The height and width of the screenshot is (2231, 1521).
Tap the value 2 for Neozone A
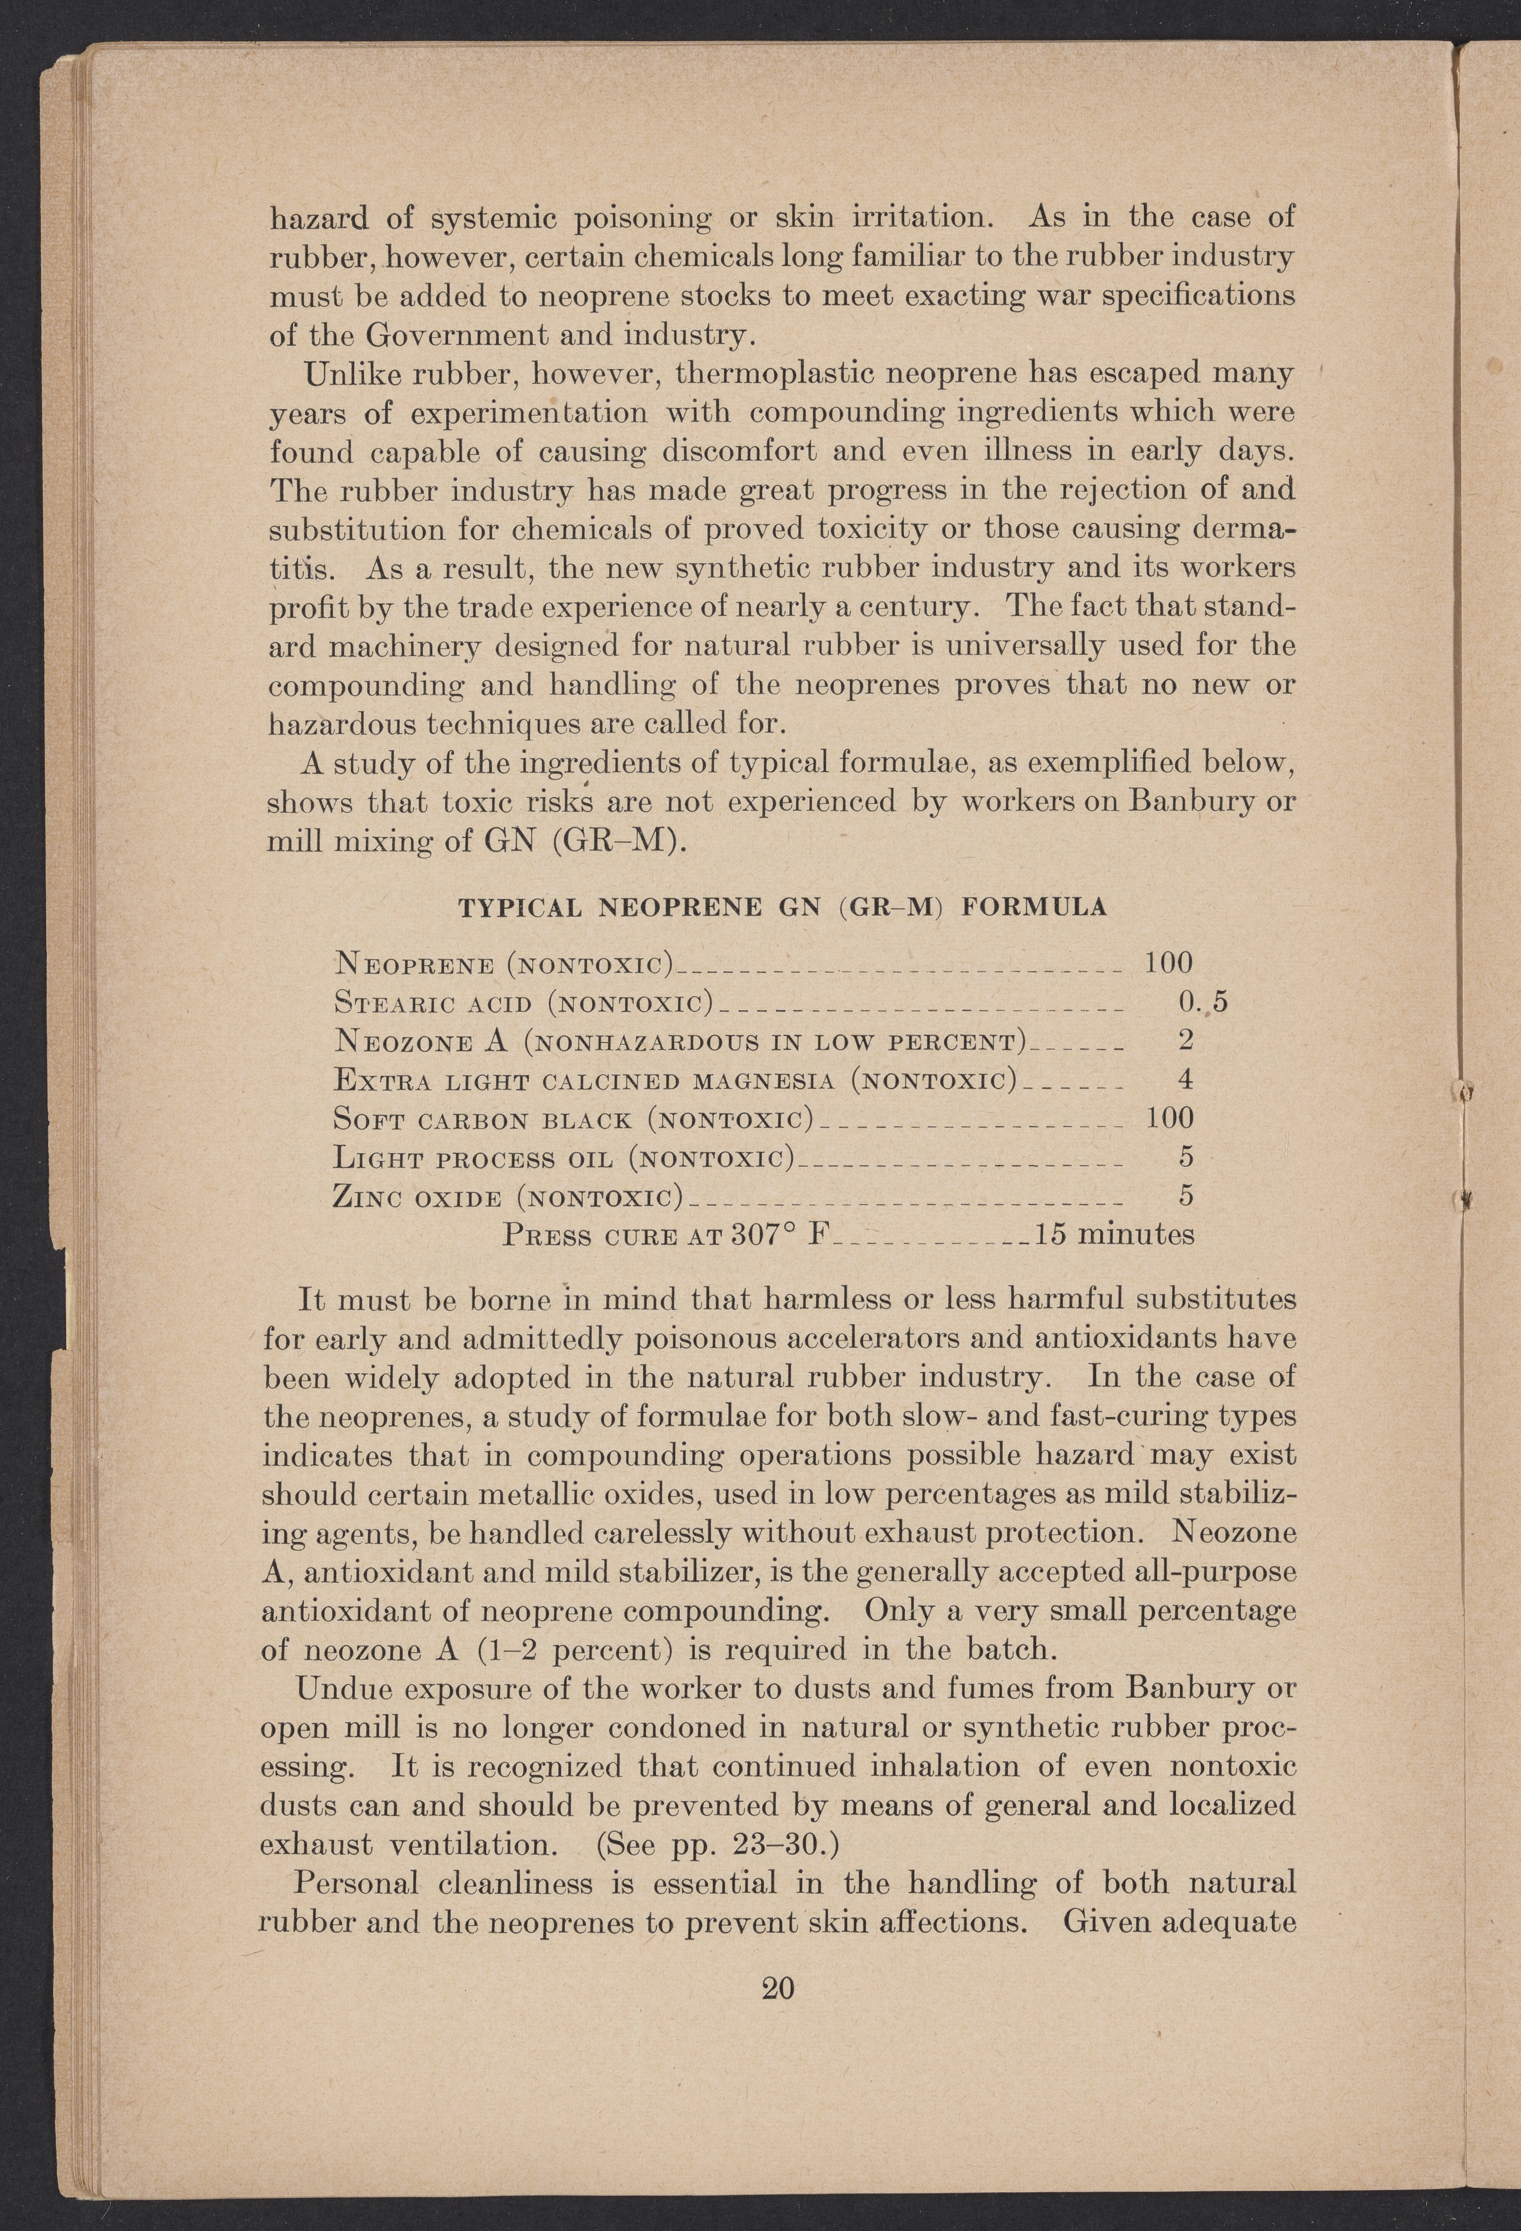[x=1185, y=1040]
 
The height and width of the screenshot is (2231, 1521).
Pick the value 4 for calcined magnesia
[x=1185, y=1079]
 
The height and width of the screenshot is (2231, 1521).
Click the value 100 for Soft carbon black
[x=1169, y=1117]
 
